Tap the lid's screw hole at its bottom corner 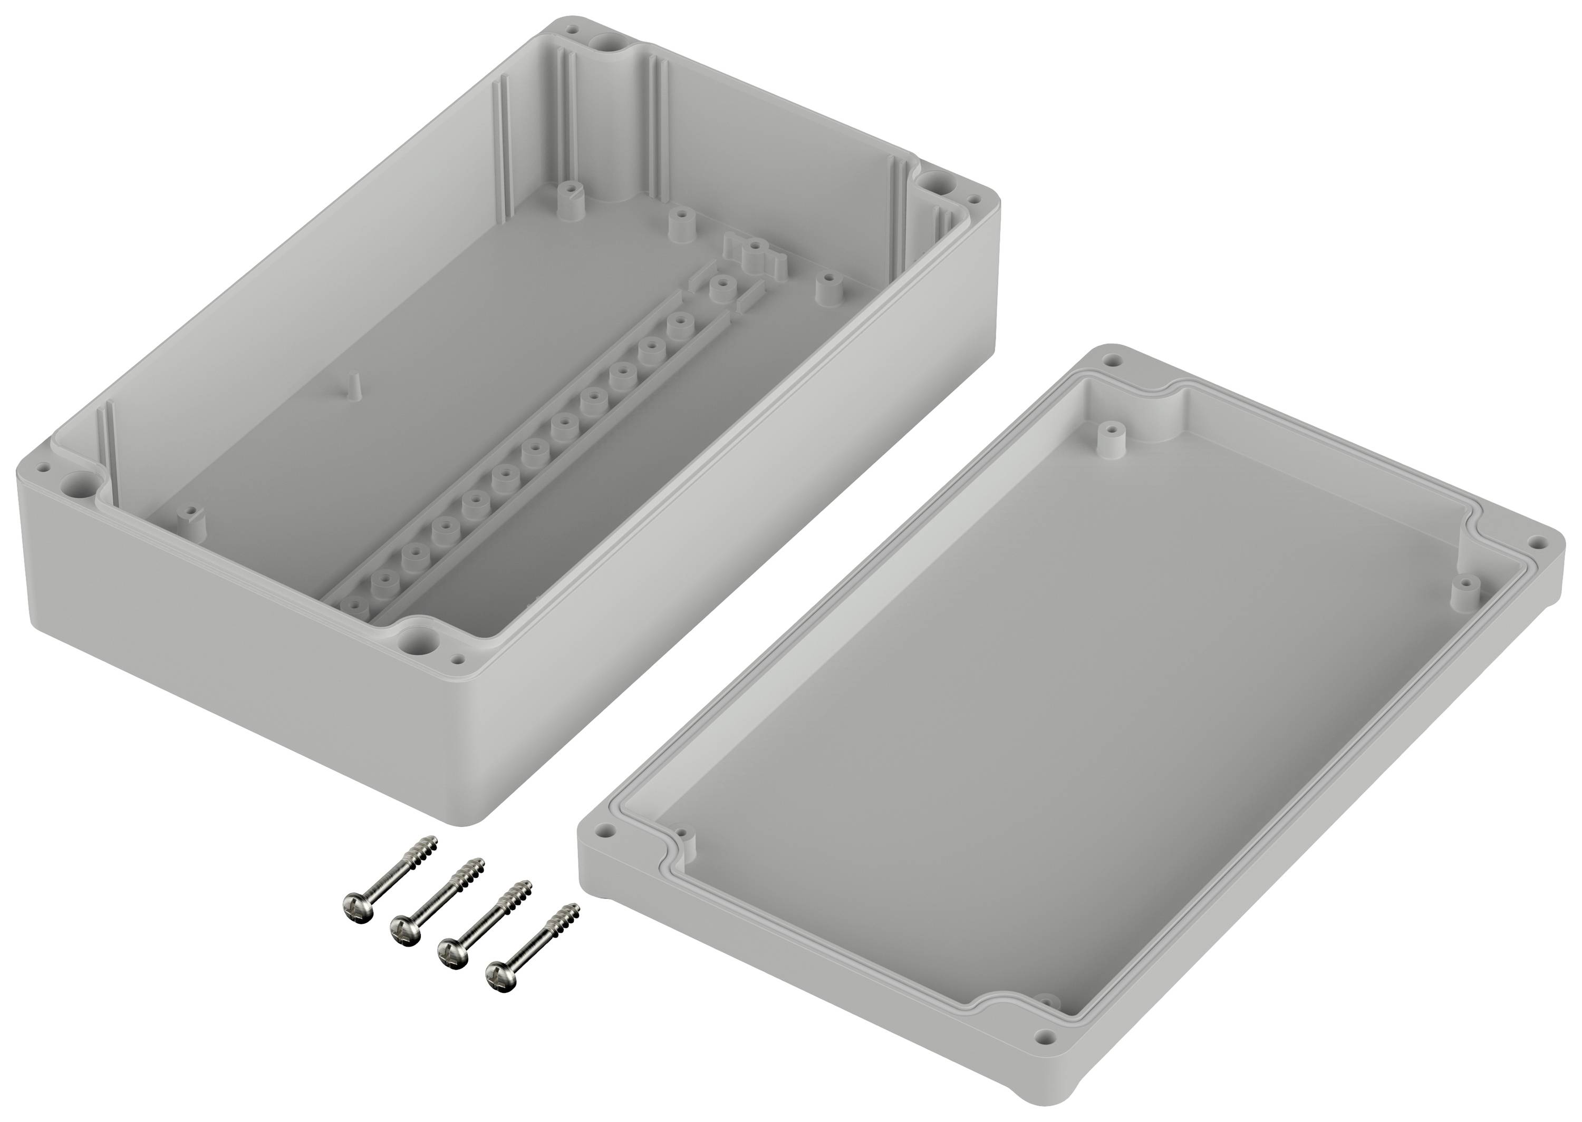(x=1046, y=1056)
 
